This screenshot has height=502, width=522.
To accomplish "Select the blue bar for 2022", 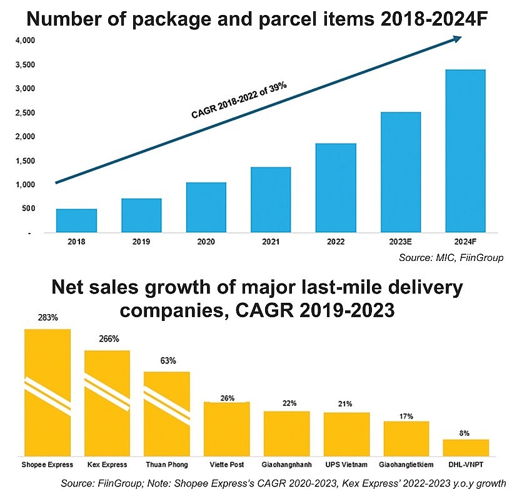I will [335, 188].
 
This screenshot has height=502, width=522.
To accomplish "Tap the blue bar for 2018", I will [76, 220].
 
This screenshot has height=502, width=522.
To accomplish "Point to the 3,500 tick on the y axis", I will [25, 65].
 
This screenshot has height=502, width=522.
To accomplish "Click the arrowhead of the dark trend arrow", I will [458, 39].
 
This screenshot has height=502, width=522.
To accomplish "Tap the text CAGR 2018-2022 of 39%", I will [239, 100].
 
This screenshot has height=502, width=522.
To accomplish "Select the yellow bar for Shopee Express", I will [48, 393].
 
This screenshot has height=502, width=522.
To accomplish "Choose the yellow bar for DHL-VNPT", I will [466, 448].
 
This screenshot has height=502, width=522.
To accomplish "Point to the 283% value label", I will [48, 318].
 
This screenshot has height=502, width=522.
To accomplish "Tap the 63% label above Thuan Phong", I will [168, 361].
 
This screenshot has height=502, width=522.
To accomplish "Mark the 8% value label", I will [466, 433].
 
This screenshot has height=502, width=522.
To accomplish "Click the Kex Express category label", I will [107, 465].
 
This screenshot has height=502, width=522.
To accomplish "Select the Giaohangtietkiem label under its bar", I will [406, 465].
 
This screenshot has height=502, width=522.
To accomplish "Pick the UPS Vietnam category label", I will [346, 465].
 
